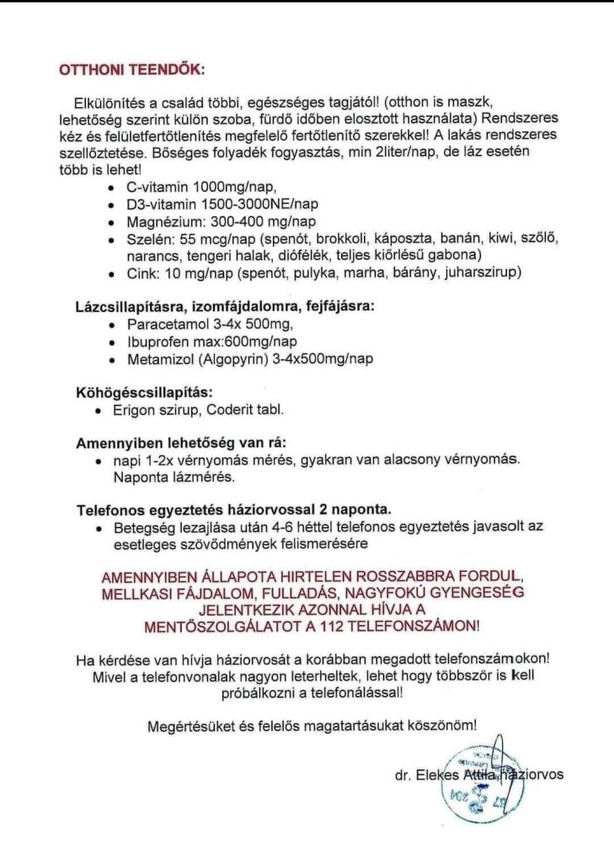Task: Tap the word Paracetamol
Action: pos(165,324)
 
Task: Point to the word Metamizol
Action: pos(160,359)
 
